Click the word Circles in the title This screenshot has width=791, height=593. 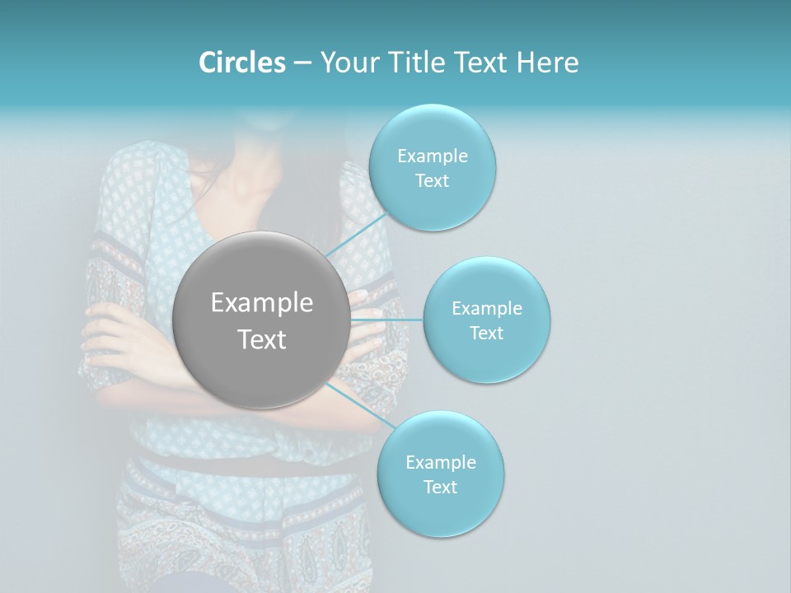coord(241,63)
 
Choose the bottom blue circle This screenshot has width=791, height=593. coord(440,511)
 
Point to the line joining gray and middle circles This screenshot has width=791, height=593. coord(387,319)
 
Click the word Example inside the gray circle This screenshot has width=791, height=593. coord(262,303)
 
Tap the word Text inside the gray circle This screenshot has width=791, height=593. coord(262,339)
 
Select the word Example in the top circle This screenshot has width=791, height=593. coord(433,156)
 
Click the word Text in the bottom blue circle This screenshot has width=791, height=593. coord(440,487)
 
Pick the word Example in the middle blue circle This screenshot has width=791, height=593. coord(487,309)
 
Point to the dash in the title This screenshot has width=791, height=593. coord(302,63)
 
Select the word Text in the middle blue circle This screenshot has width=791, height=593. coord(486,333)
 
